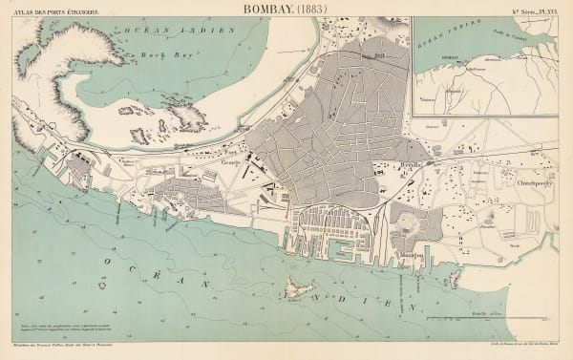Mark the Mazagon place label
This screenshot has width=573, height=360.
click(x=412, y=257)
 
